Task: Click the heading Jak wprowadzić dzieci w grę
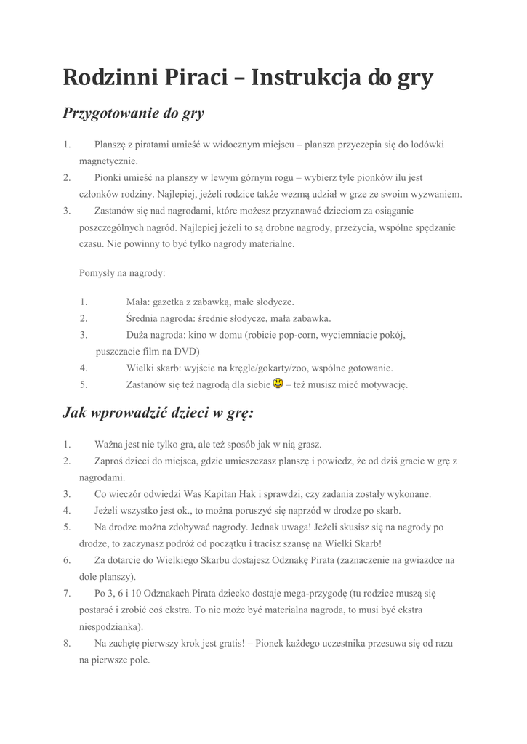point(158,413)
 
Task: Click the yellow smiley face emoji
point(278,383)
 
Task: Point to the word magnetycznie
point(108,161)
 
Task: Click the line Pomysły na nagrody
point(122,273)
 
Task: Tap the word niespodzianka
point(110,626)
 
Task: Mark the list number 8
point(66,644)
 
